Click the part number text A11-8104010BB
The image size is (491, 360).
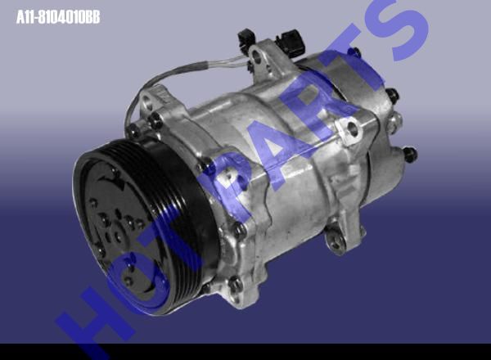pos(58,17)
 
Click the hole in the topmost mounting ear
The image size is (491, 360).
pos(257,56)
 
